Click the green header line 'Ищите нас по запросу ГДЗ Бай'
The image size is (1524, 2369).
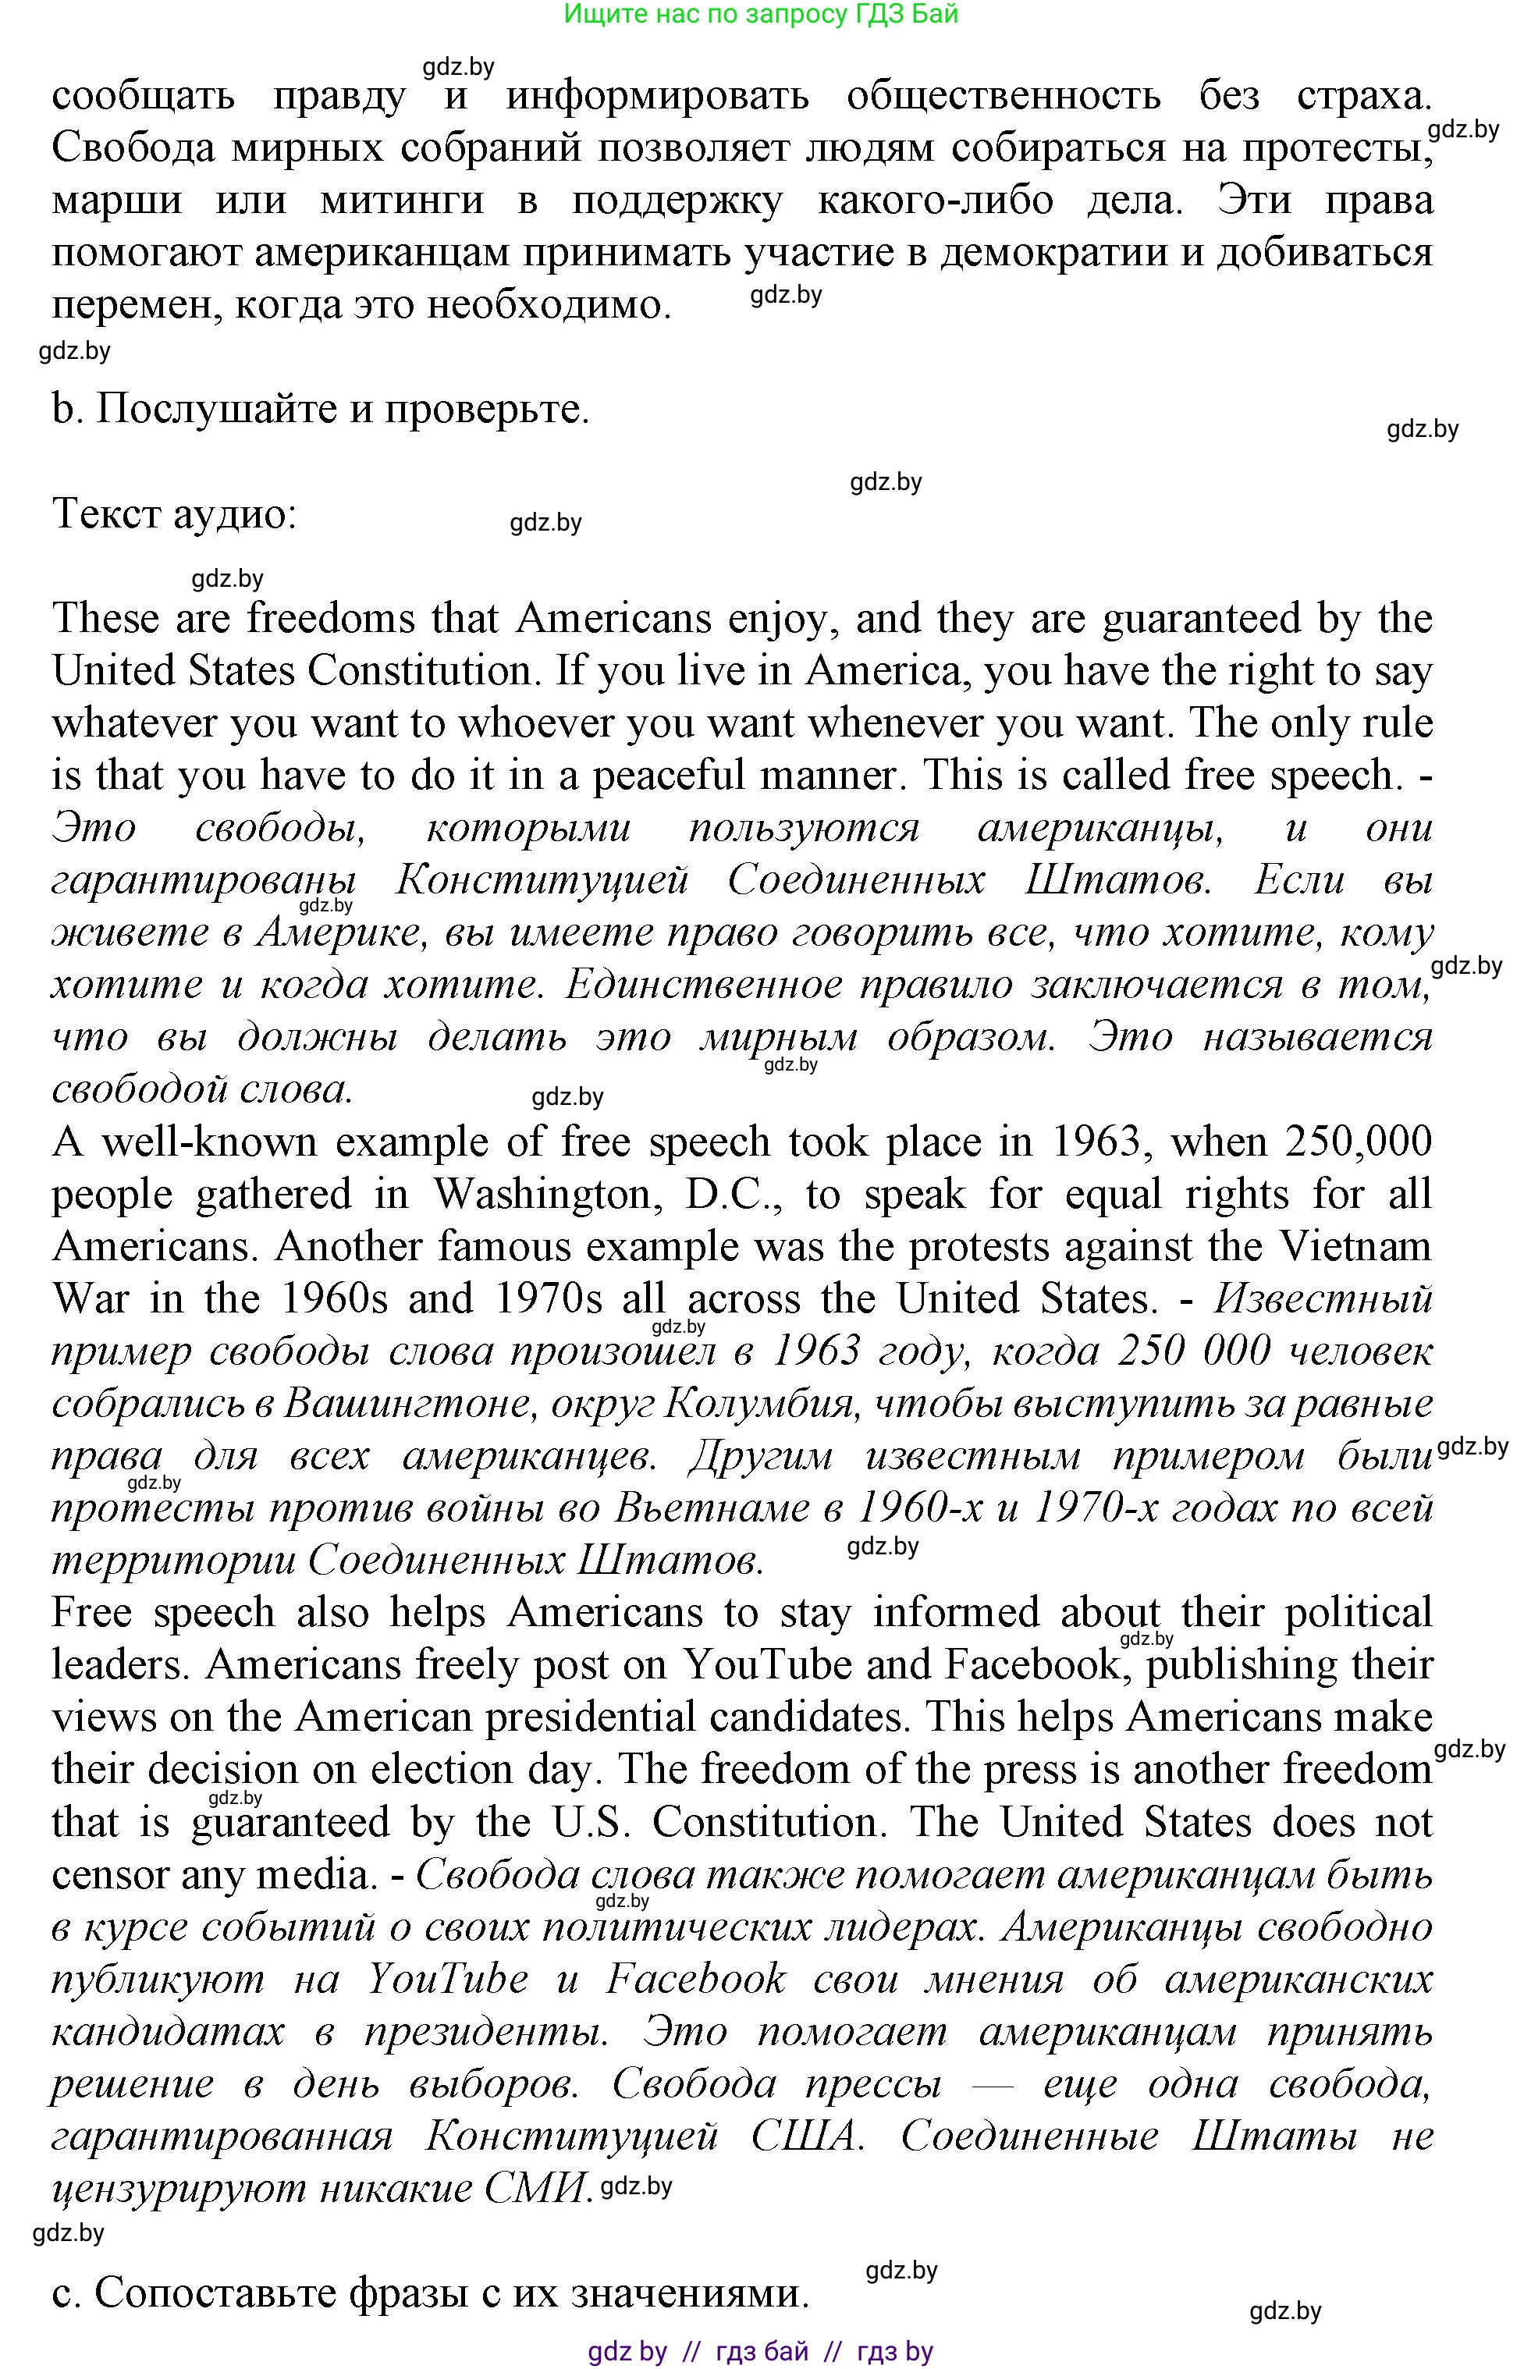[760, 14]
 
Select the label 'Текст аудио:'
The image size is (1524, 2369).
[174, 513]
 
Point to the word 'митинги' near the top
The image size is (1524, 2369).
[403, 200]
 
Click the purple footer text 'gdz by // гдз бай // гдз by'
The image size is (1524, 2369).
[760, 2351]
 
